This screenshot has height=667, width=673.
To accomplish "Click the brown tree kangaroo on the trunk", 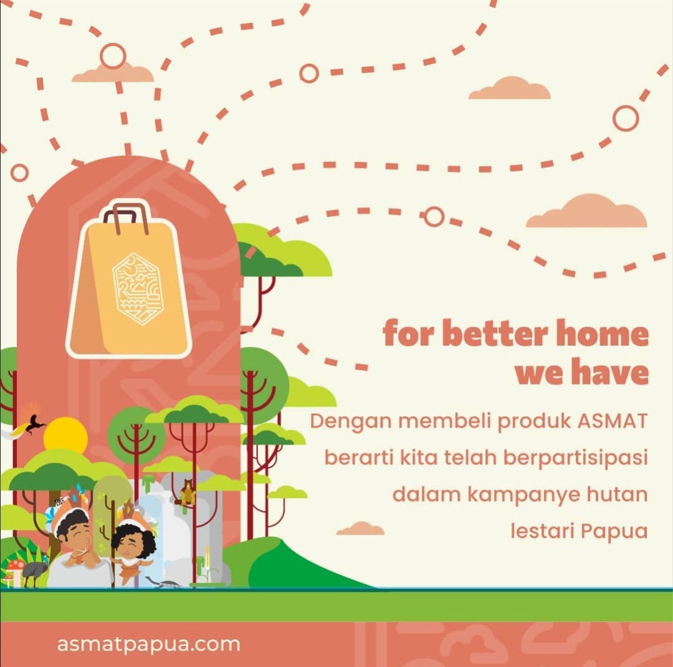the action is click(x=187, y=492).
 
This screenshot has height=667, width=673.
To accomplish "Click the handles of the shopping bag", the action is click(x=126, y=217).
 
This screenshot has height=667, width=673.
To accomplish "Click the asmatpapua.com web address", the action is click(x=148, y=644).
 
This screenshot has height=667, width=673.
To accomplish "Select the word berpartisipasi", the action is click(x=575, y=458).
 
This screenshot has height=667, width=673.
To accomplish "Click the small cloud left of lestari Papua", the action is click(x=361, y=529).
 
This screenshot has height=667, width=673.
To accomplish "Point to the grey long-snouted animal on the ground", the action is click(x=163, y=583).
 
